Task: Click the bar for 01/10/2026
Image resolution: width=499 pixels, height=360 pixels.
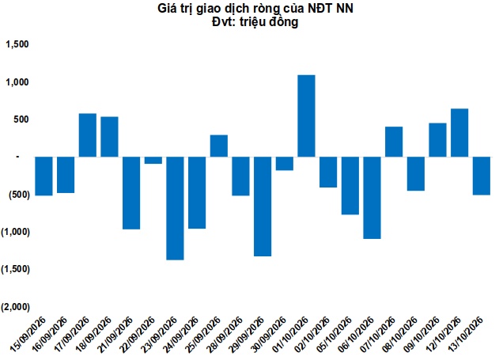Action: pos(306,116)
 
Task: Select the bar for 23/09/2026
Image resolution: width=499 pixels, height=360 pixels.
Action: pos(175,208)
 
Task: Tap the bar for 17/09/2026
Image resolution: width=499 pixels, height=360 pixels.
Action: pos(88,135)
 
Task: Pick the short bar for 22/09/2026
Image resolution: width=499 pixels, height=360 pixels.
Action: pos(153,160)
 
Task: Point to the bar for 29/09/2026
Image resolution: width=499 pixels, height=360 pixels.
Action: pos(263,207)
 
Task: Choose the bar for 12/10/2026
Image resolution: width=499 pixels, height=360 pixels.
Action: pos(459,133)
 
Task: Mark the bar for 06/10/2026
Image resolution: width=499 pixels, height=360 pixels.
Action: pos(372,198)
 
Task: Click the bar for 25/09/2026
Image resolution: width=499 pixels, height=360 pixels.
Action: pos(219,146)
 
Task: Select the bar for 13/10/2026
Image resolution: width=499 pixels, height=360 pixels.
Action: pos(482,176)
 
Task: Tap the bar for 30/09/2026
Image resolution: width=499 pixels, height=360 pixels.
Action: pos(285,164)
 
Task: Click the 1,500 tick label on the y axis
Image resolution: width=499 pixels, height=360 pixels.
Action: pos(17,44)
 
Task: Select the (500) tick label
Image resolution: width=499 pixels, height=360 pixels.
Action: pos(19,195)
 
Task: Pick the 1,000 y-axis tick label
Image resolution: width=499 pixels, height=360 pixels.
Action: pos(17,82)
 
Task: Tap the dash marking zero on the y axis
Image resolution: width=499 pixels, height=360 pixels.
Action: pos(18,157)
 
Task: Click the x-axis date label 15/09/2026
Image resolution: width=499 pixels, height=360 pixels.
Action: pos(28,334)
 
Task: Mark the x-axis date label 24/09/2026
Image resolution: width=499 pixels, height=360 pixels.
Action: pos(181,334)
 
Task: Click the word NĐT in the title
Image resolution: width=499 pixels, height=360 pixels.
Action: pos(319,9)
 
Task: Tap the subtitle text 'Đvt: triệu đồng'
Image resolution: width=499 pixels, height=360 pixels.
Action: pos(255,22)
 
